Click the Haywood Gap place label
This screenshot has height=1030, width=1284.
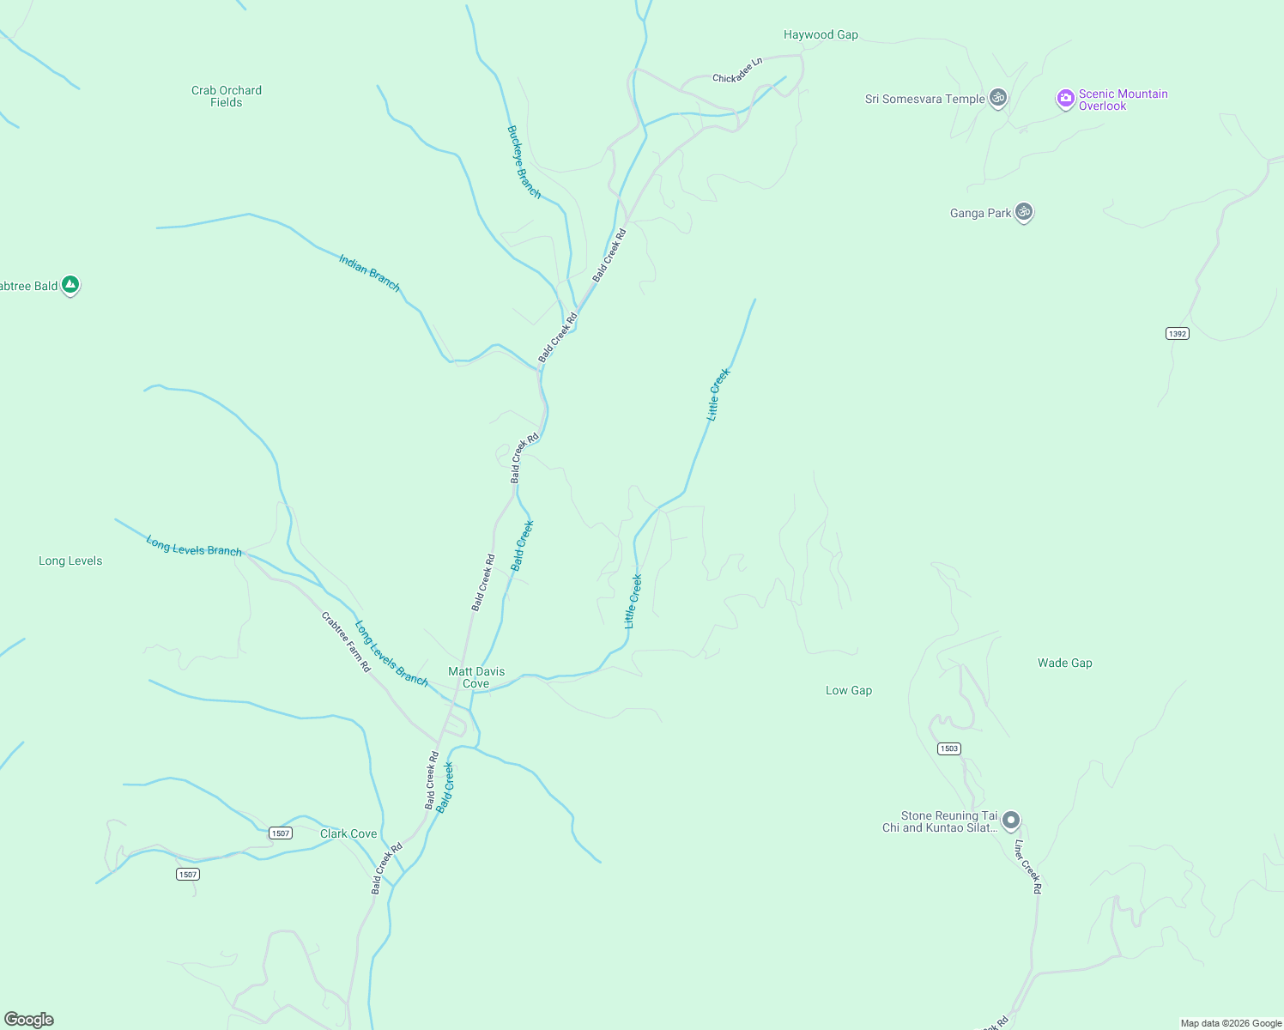tap(821, 35)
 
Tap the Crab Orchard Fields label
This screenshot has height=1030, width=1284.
tap(227, 96)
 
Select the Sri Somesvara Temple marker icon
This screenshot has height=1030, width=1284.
tap(997, 98)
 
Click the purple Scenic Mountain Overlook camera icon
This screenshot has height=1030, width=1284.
tap(1065, 99)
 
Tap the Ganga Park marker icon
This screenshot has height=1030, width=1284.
tap(1023, 211)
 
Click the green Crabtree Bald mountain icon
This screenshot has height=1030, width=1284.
tap(70, 284)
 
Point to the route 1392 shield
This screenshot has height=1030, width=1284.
tap(1178, 333)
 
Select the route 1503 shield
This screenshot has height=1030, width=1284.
tap(948, 748)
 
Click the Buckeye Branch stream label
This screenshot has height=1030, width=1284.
tap(524, 162)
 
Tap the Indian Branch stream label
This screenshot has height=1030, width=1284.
tap(369, 273)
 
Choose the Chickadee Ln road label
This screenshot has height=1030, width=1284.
tap(737, 71)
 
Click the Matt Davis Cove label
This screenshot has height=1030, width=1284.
tap(476, 677)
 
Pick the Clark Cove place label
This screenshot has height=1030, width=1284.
tap(348, 833)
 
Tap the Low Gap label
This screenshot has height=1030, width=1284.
tap(849, 690)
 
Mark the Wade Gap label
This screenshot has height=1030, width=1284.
tap(1064, 663)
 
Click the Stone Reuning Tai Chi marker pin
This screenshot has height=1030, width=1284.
tap(1011, 821)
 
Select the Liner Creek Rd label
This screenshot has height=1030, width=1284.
tap(1027, 867)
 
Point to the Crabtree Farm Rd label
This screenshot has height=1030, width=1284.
tap(346, 641)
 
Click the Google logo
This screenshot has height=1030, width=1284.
tap(29, 1019)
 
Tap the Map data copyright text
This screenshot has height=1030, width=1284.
tap(1231, 1023)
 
